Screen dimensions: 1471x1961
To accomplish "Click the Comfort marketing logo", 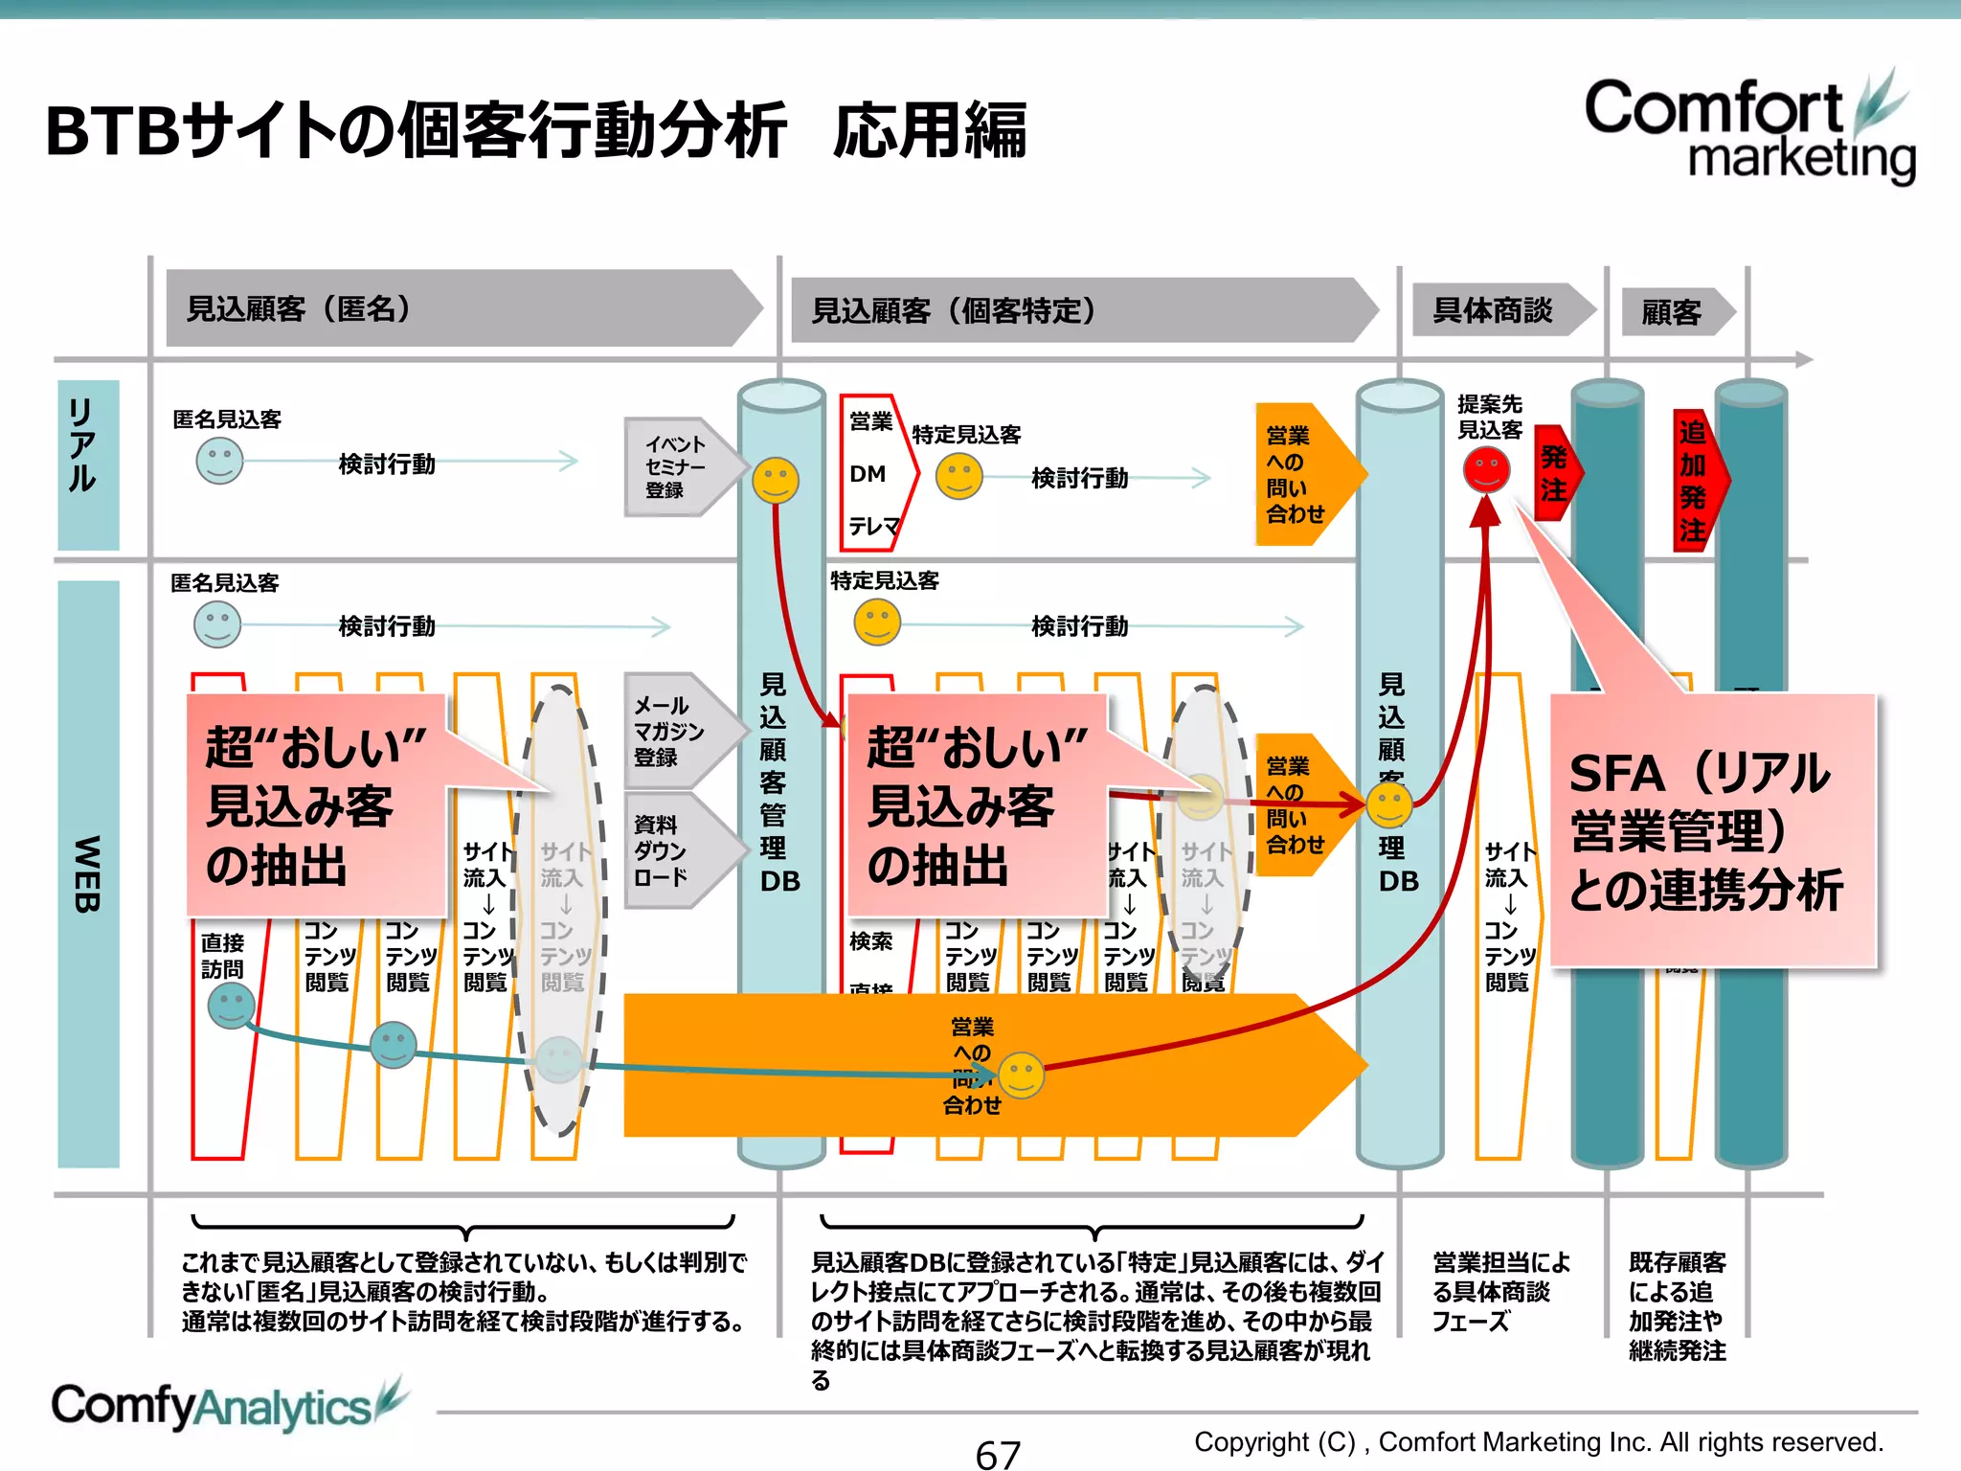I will (1747, 129).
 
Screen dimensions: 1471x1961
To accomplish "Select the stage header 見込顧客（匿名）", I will (460, 308).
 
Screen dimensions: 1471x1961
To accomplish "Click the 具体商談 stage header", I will (1499, 310).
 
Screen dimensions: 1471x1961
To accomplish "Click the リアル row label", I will (87, 464).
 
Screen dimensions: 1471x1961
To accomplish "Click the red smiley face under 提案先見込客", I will (1486, 469).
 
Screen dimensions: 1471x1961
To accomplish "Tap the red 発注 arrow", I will (1555, 473).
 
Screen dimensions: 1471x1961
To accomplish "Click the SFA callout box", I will (1712, 829).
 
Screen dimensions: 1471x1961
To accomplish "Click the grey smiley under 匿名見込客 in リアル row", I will (219, 462).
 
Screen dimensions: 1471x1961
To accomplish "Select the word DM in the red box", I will (868, 474).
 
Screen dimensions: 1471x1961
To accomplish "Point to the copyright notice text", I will (1538, 1441).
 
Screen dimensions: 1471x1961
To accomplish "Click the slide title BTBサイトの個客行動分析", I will (417, 130).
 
